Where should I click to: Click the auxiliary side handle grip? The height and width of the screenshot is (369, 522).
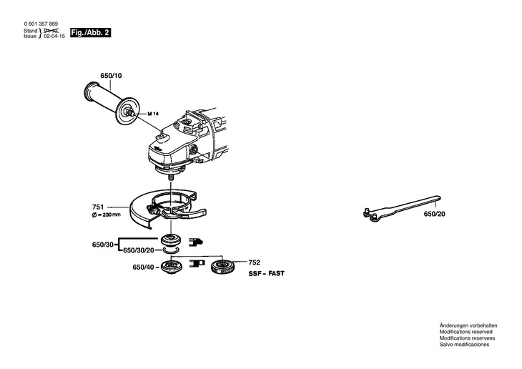(103, 100)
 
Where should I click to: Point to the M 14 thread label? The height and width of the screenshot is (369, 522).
(152, 114)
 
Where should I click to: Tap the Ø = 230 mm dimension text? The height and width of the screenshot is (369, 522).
(107, 214)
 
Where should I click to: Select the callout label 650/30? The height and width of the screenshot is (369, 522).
(103, 245)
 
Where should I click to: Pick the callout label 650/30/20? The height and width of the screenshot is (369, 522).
(140, 251)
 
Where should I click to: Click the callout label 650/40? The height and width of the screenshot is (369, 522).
(143, 267)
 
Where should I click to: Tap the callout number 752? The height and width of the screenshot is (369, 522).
(254, 262)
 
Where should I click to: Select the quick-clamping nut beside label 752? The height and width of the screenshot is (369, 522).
(225, 268)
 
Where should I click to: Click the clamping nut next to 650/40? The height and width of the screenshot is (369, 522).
(172, 267)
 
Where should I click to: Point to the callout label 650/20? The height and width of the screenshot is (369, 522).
(434, 214)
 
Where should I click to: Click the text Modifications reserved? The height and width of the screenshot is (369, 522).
(466, 332)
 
